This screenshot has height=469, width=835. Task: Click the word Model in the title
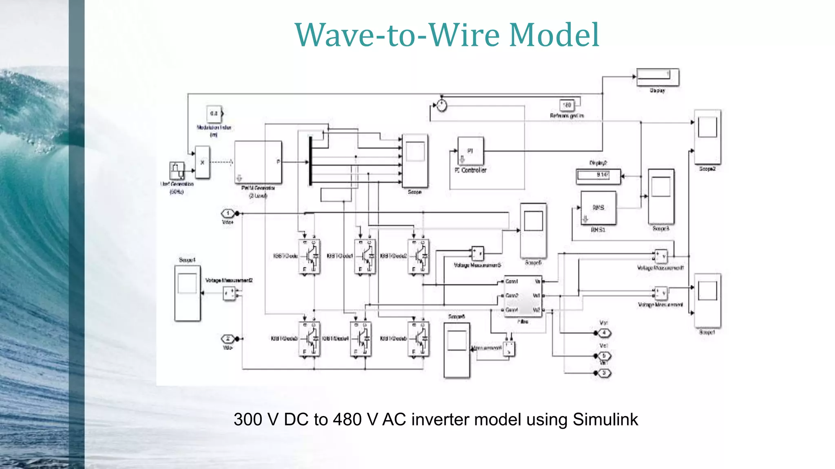[x=554, y=35]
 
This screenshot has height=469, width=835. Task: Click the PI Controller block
[x=471, y=151]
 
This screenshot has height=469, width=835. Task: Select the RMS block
[x=598, y=208]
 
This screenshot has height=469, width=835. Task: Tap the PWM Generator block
[x=258, y=162]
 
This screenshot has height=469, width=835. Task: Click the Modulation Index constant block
[x=214, y=114]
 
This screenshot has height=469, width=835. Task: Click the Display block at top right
[x=658, y=77]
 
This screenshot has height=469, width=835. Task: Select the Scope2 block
[x=707, y=137]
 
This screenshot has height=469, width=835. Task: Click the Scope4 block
[x=188, y=293]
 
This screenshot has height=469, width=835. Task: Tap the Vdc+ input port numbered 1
[x=228, y=213]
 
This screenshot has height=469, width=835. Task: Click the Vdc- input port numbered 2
[x=228, y=339]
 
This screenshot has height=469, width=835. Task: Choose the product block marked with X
[x=202, y=162]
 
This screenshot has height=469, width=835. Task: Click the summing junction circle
[x=442, y=106]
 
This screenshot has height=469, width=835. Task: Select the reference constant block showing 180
[x=567, y=105]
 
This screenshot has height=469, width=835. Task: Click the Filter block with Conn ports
[x=523, y=295]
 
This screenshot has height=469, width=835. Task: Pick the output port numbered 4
[x=604, y=333]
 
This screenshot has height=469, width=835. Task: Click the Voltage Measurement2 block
[x=230, y=293]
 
